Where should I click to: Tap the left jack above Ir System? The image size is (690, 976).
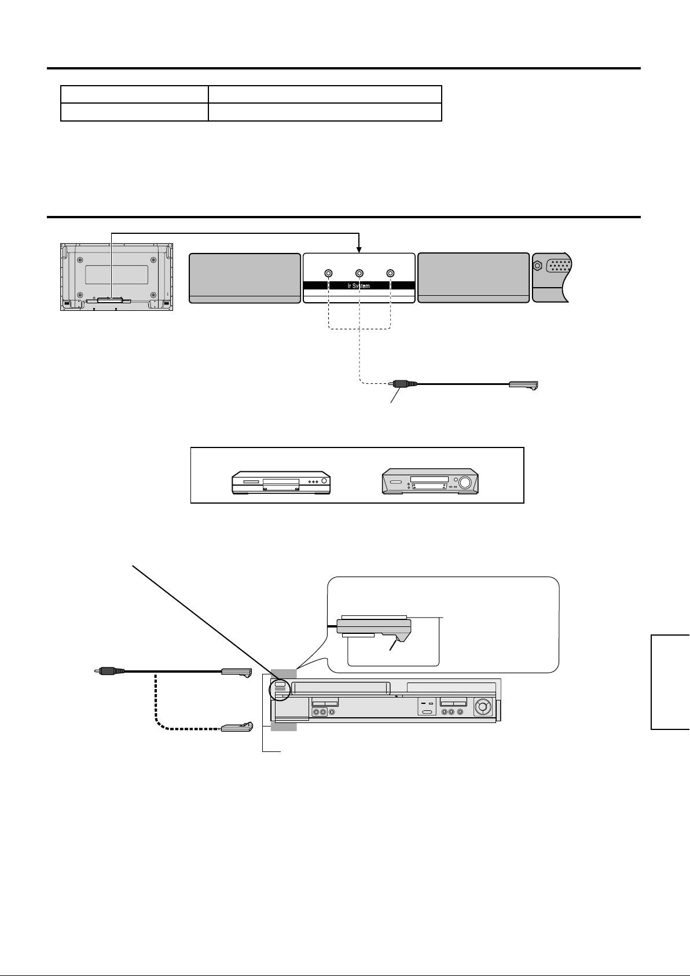pyautogui.click(x=328, y=273)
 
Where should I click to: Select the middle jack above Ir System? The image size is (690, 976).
pyautogui.click(x=359, y=273)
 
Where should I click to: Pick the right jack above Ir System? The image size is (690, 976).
pyautogui.click(x=391, y=273)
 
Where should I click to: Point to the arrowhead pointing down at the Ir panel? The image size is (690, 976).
pyautogui.click(x=359, y=249)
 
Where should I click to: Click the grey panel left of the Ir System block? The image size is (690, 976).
pyautogui.click(x=245, y=277)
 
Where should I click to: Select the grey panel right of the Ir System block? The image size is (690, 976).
pyautogui.click(x=473, y=277)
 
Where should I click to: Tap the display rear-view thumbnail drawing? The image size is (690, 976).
pyautogui.click(x=116, y=277)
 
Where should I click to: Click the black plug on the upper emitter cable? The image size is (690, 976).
pyautogui.click(x=401, y=383)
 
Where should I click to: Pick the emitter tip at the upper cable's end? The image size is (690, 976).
pyautogui.click(x=524, y=384)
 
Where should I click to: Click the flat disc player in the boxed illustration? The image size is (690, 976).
pyautogui.click(x=281, y=482)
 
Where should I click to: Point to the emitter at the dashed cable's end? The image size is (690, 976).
pyautogui.click(x=236, y=727)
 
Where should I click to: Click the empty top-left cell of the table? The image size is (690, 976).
pyautogui.click(x=134, y=94)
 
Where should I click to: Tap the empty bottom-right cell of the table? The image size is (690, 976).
pyautogui.click(x=325, y=112)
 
